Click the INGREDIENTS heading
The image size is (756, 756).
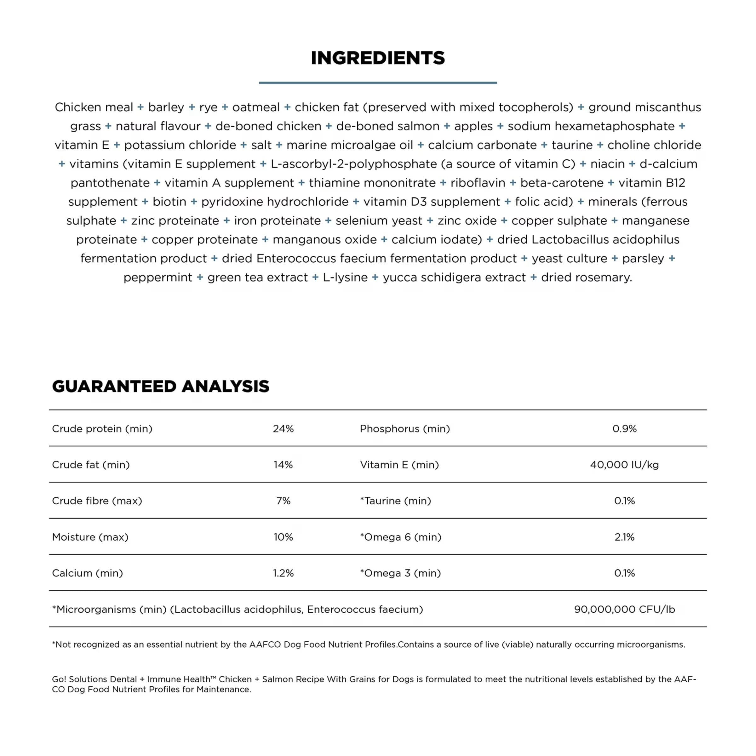(378, 58)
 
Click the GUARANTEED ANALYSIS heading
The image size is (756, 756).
(160, 386)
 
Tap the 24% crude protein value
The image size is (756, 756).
(283, 428)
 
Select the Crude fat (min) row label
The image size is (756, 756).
(91, 465)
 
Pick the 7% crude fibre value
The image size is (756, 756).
(283, 501)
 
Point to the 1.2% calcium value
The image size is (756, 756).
(283, 573)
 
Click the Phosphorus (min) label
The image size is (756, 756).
(404, 428)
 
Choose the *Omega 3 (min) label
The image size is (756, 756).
(400, 573)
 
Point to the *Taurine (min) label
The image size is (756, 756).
(395, 501)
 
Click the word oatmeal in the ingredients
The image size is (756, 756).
(256, 107)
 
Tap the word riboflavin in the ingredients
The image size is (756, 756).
(478, 183)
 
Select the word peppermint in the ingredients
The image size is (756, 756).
(158, 278)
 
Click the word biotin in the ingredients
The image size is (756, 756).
(169, 202)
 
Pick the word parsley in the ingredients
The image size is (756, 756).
(643, 259)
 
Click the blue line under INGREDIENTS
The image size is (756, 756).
(378, 83)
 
